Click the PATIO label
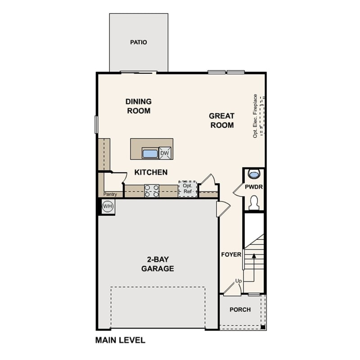pyautogui.click(x=139, y=42)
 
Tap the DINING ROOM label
pyautogui.click(x=139, y=106)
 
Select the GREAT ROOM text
pyautogui.click(x=221, y=121)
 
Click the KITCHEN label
pyautogui.click(x=151, y=172)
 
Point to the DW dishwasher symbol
pyautogui.click(x=165, y=153)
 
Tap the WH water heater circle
pyautogui.click(x=107, y=207)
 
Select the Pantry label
pyautogui.click(x=111, y=194)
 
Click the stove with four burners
pyautogui.click(x=152, y=191)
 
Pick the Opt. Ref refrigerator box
pyautogui.click(x=187, y=188)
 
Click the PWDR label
pyautogui.click(x=254, y=186)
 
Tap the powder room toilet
pyautogui.click(x=254, y=202)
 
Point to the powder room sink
pyautogui.click(x=254, y=173)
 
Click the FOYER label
pyautogui.click(x=231, y=255)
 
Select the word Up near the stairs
pyautogui.click(x=238, y=281)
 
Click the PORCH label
pyautogui.click(x=240, y=310)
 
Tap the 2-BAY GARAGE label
pyautogui.click(x=157, y=264)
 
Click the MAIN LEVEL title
pyautogui.click(x=120, y=340)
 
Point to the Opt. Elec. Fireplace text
pyautogui.click(x=255, y=116)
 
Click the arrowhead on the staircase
pyautogui.click(x=254, y=256)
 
